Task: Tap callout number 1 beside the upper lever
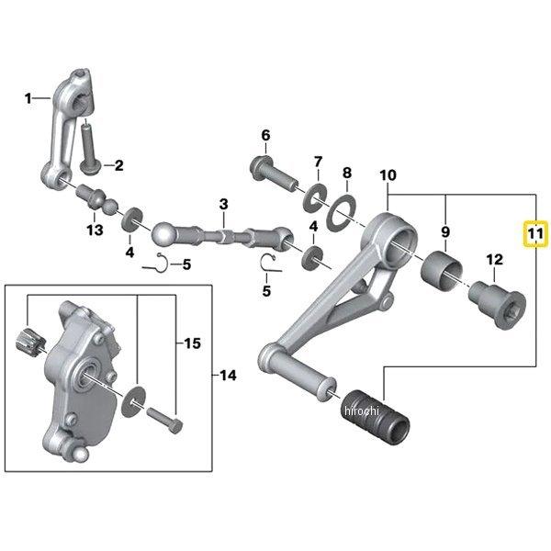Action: (28, 97)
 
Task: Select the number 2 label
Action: (118, 166)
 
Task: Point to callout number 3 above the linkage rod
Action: (223, 203)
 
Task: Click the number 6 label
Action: (265, 137)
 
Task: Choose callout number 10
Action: (387, 174)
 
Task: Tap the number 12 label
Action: (495, 260)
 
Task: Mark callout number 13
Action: (95, 229)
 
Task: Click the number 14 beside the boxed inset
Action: (228, 375)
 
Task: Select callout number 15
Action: (192, 343)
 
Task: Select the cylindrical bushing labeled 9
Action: (444, 271)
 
